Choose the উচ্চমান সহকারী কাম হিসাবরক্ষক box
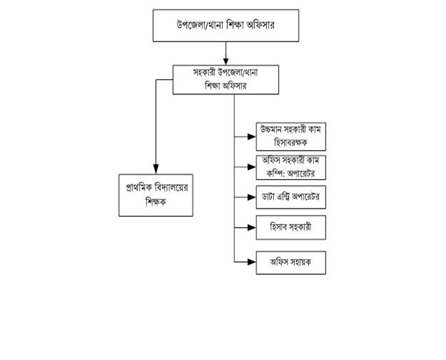click(291, 137)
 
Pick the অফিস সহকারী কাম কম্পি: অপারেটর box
click(291, 169)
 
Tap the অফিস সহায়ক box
click(291, 261)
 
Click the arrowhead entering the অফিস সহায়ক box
click(252, 261)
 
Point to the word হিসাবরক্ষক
click(291, 144)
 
